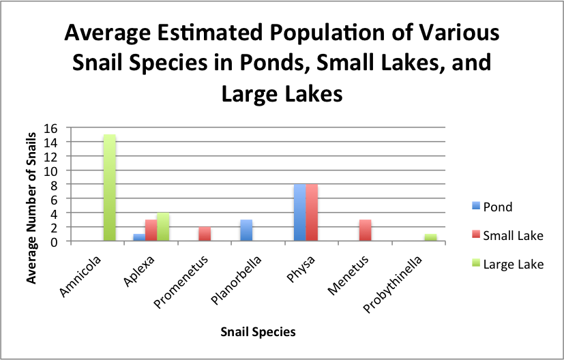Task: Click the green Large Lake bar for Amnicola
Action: click(x=109, y=187)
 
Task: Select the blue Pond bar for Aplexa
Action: click(x=139, y=237)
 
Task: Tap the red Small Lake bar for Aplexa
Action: click(x=151, y=230)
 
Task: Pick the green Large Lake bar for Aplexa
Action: click(x=164, y=227)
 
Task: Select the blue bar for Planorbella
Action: click(x=247, y=230)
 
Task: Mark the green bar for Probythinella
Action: click(x=430, y=237)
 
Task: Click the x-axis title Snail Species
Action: click(x=258, y=332)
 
